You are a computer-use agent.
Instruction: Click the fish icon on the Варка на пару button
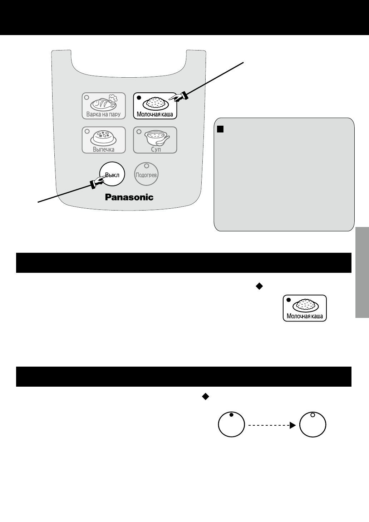click(x=103, y=103)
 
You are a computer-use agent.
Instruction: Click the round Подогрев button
click(x=147, y=175)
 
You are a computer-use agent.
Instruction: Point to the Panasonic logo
click(x=129, y=197)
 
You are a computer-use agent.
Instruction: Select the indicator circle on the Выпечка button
click(x=86, y=131)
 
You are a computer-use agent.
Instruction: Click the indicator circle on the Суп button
click(x=139, y=131)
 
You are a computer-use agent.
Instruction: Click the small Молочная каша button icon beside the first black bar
click(x=305, y=308)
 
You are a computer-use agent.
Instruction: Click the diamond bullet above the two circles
click(x=205, y=396)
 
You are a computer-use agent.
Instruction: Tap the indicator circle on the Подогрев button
click(x=147, y=166)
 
